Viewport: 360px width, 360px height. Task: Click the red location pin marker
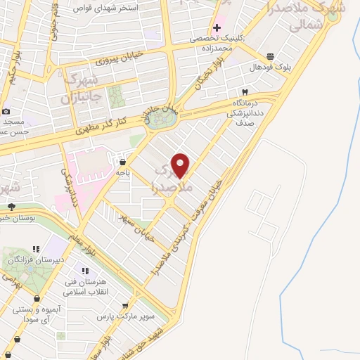click(181, 165)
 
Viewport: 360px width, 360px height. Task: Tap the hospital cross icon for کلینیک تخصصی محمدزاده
click(217, 27)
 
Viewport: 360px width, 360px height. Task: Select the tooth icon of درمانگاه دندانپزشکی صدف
click(244, 92)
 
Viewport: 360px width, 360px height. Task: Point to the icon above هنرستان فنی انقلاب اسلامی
click(85, 271)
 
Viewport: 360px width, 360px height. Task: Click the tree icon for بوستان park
click(11, 206)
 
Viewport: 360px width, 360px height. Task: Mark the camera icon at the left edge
click(6, 111)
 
